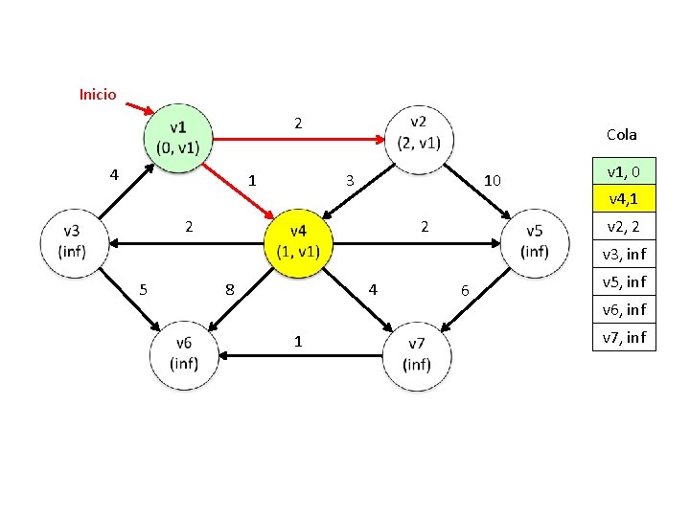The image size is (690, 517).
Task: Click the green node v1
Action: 178,138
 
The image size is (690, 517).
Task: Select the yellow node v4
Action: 298,241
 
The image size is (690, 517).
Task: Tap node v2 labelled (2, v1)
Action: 419,138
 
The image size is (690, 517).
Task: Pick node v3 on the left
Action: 72,241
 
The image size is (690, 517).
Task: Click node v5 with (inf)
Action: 534,241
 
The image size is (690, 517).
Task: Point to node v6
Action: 184,354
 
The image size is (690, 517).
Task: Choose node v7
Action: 418,354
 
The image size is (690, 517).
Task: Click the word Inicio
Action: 98,94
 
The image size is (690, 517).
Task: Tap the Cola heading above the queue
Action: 621,135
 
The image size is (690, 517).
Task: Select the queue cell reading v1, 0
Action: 624,171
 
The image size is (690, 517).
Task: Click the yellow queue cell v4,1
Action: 624,199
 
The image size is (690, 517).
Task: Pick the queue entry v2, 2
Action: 624,227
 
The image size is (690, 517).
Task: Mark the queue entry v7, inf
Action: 624,337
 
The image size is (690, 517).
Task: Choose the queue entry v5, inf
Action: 624,281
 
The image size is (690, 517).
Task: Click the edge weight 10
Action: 494,180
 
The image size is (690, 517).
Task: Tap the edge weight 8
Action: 229,288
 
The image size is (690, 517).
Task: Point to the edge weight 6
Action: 466,290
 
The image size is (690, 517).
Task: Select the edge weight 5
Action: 143,288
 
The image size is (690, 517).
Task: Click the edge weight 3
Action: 350,180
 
